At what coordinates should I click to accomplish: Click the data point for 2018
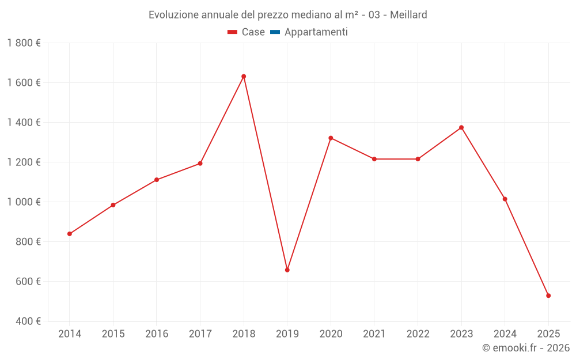coord(244,77)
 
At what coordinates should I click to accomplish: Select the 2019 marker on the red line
coord(287,270)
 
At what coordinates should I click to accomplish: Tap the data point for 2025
coord(548,295)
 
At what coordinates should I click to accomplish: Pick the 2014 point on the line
coord(70,234)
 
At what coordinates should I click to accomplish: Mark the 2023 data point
coord(461,127)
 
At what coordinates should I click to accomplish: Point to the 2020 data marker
coord(331,138)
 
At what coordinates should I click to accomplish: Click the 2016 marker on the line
coord(157,180)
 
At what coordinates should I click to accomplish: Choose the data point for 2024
coord(505,199)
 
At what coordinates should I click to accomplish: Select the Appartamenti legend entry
coord(316,32)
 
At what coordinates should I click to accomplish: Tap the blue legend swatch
coord(275,32)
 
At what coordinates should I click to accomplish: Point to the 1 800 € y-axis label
coord(24,43)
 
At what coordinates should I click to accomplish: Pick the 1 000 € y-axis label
coord(24,202)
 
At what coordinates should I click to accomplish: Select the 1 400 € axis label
coord(24,123)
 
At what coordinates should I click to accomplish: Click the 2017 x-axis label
coord(200,334)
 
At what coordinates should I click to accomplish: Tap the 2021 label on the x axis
coord(374,334)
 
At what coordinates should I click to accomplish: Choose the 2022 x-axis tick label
coord(418,334)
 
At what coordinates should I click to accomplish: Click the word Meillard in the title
coord(408,15)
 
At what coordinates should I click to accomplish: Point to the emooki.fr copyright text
coord(526,348)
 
